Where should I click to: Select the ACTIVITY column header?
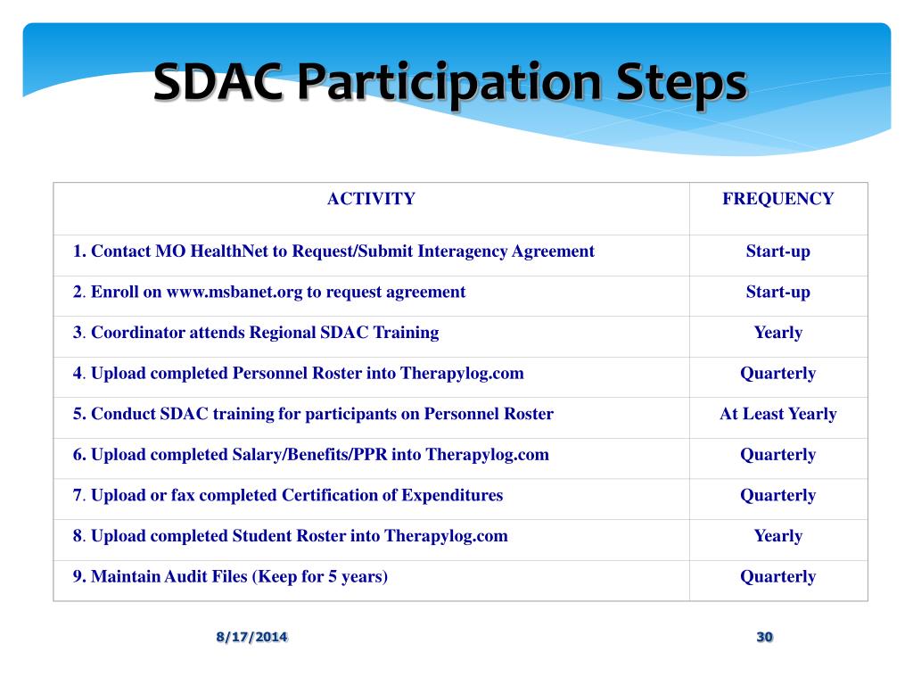371,199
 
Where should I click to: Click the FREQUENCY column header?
777,199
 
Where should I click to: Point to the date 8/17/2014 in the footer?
251,637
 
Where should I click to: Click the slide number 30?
764,637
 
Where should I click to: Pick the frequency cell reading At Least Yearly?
777,414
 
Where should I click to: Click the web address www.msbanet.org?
234,292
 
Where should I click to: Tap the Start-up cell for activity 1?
777,251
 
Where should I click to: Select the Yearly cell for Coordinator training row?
777,333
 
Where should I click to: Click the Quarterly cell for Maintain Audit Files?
777,577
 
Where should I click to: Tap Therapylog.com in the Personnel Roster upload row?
462,374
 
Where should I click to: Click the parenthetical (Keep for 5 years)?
320,577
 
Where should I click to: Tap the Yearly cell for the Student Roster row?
777,536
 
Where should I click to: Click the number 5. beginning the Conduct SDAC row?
79,414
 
